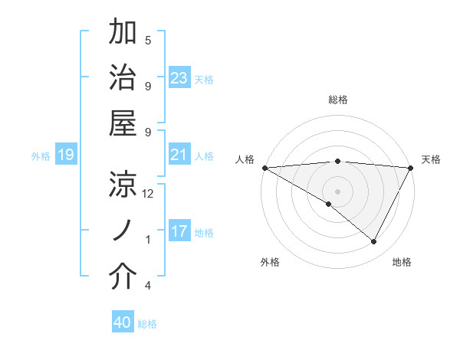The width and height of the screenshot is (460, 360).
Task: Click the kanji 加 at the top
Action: [123, 34]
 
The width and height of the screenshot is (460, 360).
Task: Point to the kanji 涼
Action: [123, 184]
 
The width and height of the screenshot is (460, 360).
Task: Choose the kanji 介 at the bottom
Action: [123, 277]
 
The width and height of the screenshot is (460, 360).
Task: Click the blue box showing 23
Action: [179, 78]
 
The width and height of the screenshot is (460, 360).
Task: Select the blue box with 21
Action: [179, 155]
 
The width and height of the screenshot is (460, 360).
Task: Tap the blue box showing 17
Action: [179, 232]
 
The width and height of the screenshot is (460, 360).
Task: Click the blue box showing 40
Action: [123, 323]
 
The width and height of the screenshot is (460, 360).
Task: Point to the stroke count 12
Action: [148, 194]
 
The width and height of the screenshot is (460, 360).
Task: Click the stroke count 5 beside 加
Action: [148, 40]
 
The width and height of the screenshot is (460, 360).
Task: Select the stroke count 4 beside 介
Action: [147, 286]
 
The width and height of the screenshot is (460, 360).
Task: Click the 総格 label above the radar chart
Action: [337, 100]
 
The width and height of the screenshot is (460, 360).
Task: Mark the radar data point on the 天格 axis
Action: [410, 168]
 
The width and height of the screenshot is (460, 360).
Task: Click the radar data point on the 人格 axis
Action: [264, 168]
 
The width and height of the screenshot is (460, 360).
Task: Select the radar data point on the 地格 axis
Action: [374, 241]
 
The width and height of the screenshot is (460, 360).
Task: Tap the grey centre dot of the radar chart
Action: [337, 190]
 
